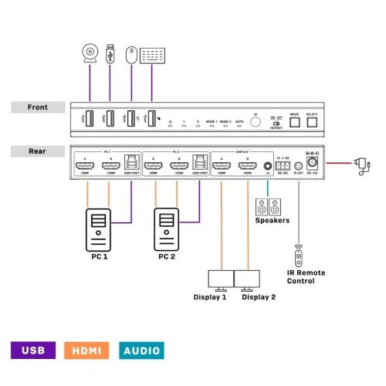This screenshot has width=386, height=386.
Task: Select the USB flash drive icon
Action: coord(110,55)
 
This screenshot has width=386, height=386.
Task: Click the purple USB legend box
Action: coord(33,350)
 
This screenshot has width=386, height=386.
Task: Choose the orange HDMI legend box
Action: coord(88,350)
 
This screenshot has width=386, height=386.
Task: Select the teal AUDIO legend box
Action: coord(142,350)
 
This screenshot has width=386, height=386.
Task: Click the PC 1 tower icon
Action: coord(99,228)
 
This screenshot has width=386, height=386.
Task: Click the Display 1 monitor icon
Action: coord(222,279)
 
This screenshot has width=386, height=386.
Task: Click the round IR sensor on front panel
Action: coord(256,120)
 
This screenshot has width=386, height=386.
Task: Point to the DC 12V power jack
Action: coord(313,164)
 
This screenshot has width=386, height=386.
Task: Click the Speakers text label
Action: coord(272,221)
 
